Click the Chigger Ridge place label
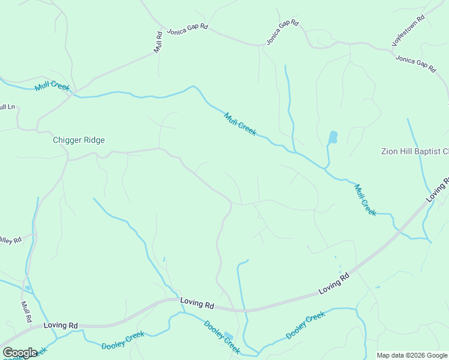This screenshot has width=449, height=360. (x=79, y=140)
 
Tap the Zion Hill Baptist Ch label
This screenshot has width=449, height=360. (x=415, y=151)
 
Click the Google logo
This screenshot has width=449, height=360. (x=19, y=353)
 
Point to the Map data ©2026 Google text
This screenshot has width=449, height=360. (x=412, y=355)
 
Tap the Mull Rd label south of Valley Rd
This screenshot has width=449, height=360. (x=26, y=311)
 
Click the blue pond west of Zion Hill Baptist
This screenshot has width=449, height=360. (x=333, y=137)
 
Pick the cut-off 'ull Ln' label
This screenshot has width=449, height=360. (x=7, y=107)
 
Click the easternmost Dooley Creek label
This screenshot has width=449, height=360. (x=306, y=325)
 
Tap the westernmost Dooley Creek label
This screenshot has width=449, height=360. (x=122, y=340)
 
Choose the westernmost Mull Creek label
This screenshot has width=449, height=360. (x=52, y=86)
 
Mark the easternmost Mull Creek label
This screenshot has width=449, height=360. (x=365, y=199)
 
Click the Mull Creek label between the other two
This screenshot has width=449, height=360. (x=240, y=124)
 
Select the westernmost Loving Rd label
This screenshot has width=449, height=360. (x=61, y=325)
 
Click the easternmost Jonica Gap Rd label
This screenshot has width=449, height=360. (x=415, y=63)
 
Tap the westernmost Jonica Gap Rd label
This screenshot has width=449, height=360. (x=187, y=29)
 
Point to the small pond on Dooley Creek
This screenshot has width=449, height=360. (x=229, y=337)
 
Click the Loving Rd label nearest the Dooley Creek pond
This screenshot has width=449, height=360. (x=197, y=305)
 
